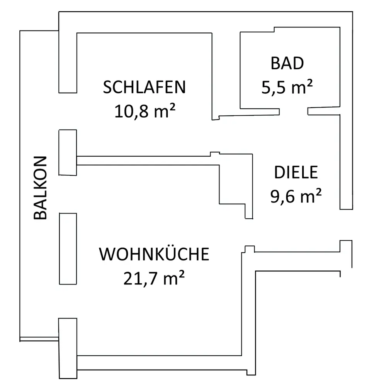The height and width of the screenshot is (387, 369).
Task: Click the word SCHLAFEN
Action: tap(145, 87)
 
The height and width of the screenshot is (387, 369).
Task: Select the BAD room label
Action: tap(287, 63)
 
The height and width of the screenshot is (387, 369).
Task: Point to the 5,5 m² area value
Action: tap(287, 88)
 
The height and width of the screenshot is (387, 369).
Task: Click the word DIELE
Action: tap(296, 173)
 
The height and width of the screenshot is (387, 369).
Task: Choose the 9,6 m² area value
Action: tap(296, 197)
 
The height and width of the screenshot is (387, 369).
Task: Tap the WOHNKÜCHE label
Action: tap(154, 254)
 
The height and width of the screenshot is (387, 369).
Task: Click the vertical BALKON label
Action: tap(40, 188)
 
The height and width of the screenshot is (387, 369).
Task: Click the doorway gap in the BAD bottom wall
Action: tap(293, 111)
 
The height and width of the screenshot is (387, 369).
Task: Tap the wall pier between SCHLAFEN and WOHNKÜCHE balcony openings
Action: tap(68, 152)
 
